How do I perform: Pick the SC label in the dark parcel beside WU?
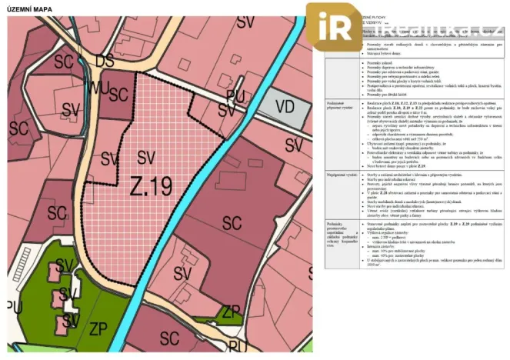[118, 94]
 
